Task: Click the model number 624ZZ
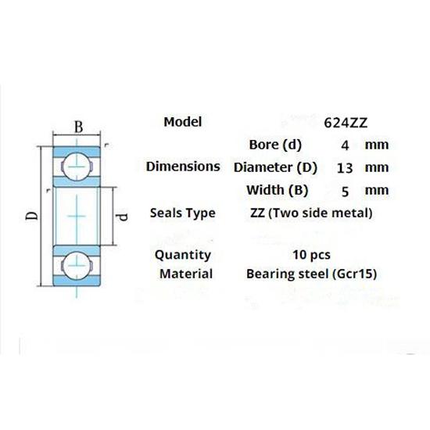point(346,123)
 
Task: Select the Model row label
point(183,121)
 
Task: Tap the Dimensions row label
point(183,167)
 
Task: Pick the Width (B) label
point(278,189)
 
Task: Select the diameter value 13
point(344,167)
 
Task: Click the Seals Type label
point(183,213)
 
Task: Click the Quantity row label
point(183,254)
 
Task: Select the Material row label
point(186,274)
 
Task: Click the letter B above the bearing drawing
point(77,127)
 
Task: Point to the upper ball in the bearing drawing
point(77,163)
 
